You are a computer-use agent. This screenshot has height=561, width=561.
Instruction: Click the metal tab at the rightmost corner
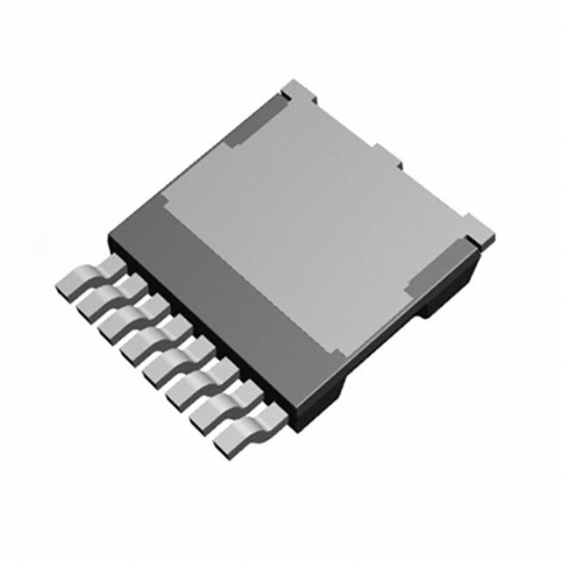(x=480, y=229)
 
